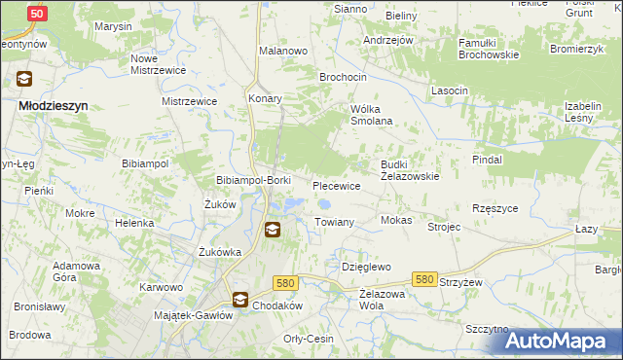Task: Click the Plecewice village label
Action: [337, 185]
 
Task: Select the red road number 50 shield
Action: [36, 14]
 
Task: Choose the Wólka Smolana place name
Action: [371, 114]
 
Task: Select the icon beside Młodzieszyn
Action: [22, 80]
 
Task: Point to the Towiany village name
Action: [333, 222]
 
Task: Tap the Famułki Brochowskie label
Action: [476, 50]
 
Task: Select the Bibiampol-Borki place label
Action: [253, 181]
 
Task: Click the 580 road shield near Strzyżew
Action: [423, 279]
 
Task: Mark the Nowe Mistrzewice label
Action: [158, 63]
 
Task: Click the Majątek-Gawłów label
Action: [194, 315]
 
